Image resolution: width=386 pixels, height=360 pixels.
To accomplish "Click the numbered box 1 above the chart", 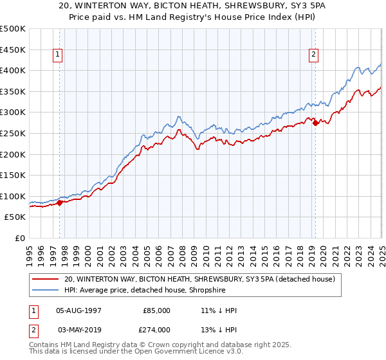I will [58, 55].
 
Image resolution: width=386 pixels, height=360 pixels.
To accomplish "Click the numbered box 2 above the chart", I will [314, 55].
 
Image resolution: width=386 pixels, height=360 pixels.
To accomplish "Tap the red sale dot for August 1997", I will [59, 203].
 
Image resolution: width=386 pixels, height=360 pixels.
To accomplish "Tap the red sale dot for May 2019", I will [315, 123].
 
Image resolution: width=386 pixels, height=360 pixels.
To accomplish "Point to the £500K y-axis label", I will [13, 29].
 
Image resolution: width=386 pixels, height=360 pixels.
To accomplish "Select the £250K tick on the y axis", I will [13, 133].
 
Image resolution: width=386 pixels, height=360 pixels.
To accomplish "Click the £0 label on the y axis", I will [21, 238].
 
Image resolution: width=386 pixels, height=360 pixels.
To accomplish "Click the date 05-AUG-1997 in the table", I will [79, 310].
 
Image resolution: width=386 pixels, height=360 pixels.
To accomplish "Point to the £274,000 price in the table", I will [157, 330].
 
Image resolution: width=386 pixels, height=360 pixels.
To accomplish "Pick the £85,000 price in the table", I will [157, 310].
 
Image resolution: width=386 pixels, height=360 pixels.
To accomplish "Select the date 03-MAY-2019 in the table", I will [79, 330].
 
